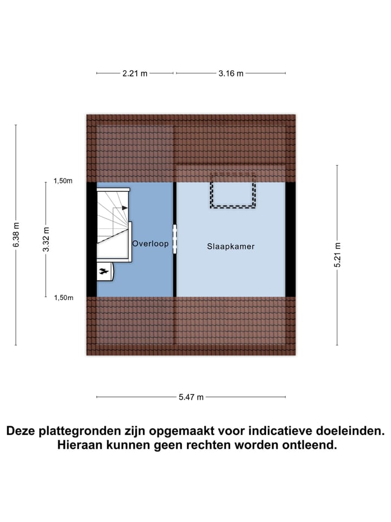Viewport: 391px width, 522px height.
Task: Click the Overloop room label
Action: coord(150,244)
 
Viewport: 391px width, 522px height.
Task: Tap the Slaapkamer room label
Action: coord(231,246)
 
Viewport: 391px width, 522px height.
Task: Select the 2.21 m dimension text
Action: coord(135,73)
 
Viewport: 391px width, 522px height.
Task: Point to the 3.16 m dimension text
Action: coord(231,73)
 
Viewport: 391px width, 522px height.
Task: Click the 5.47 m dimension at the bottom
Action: coord(191,397)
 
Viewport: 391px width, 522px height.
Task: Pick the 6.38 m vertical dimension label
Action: coord(16,235)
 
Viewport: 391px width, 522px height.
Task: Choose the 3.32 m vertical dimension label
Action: coord(46,240)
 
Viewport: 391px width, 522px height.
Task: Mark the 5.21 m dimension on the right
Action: coord(337,254)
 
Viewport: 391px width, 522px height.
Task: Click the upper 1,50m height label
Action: coord(63,181)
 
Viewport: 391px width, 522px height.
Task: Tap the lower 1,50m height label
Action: coord(63,297)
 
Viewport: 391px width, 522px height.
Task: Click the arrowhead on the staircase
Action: coord(125,207)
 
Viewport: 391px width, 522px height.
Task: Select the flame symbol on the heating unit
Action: coord(103,270)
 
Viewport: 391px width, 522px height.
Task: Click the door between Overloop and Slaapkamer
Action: coord(174,239)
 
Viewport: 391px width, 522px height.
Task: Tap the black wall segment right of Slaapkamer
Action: coord(291,239)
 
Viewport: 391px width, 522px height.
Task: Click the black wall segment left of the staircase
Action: coord(91,239)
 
